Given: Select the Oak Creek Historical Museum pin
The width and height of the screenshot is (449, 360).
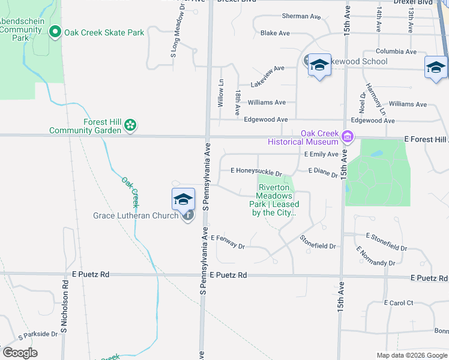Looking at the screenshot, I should coord(347,137).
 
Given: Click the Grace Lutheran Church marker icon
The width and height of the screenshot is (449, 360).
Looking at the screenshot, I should coord(188,215).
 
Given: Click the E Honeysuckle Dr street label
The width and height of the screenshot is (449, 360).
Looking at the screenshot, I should coord(256,170).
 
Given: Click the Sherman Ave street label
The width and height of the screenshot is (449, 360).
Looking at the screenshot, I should coord(303,16).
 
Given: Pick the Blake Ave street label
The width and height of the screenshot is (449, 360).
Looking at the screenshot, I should coord(276,33).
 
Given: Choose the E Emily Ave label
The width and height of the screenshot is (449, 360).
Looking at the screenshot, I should coord(321,154).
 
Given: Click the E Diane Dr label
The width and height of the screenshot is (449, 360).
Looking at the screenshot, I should coord(323,172).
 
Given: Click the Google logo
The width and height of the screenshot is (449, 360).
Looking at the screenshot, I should coord(20,353).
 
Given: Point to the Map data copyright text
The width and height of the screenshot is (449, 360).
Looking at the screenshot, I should coord(411,355).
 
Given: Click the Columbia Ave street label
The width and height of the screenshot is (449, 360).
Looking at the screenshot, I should coord(396,52).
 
